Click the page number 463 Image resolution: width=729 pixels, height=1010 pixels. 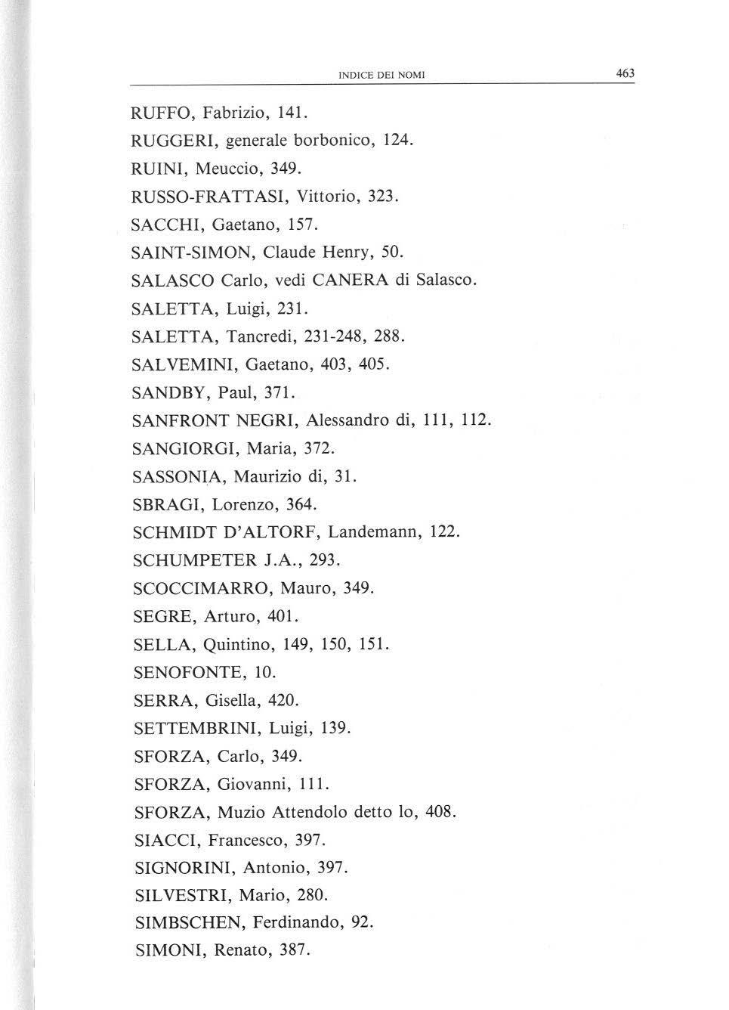625,73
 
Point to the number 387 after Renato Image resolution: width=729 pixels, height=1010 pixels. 295,951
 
